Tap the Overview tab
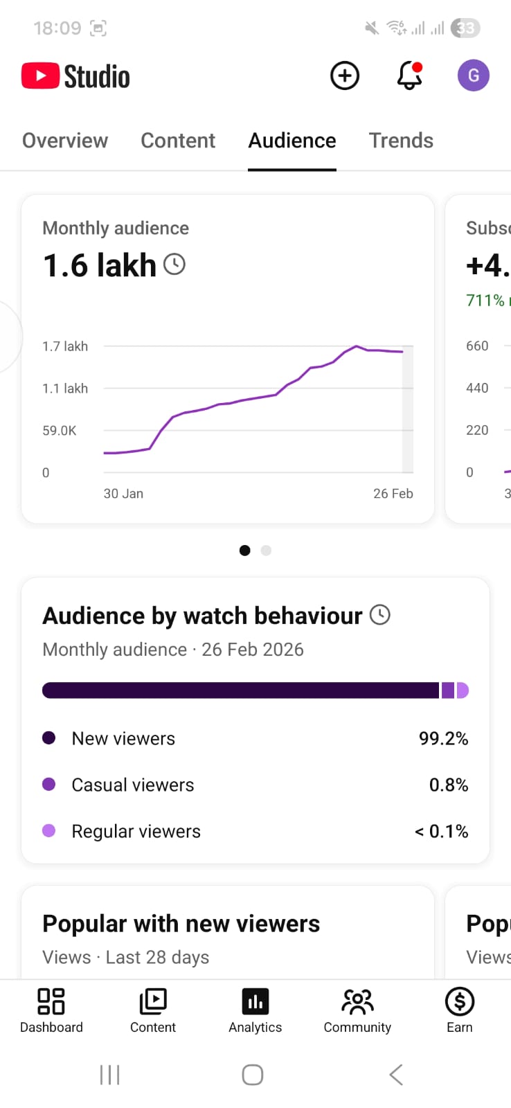point(65,141)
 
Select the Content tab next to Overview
point(178,141)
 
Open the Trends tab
point(401,141)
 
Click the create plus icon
point(345,75)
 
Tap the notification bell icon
point(409,75)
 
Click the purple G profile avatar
point(474,75)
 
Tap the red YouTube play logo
point(40,76)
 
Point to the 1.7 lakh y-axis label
point(65,346)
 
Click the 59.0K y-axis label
point(60,431)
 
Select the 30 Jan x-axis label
point(123,494)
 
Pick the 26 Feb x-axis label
point(393,494)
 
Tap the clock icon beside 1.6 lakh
point(174,265)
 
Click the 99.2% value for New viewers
point(443,739)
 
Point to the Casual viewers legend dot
point(48,785)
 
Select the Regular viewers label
point(136,831)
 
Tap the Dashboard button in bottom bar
point(51,1010)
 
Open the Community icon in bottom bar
point(357,1002)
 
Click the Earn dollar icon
point(459,1002)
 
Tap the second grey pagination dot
point(266,551)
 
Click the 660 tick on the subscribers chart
point(477,346)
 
